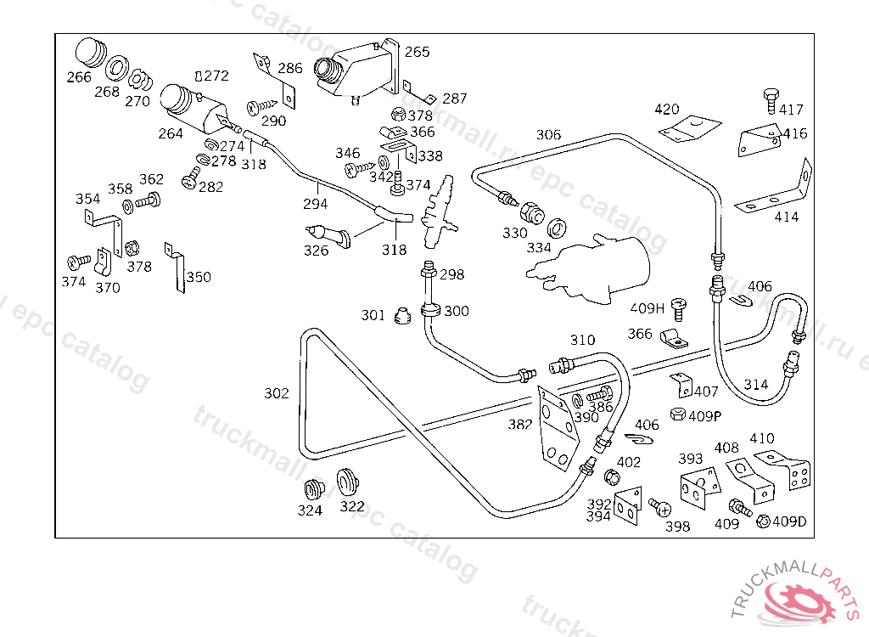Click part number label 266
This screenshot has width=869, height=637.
tap(79, 77)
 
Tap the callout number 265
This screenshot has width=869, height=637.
tap(417, 52)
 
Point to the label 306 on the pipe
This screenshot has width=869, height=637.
tap(548, 134)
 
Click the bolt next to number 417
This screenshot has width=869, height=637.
tap(770, 99)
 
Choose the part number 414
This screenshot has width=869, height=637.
tap(787, 217)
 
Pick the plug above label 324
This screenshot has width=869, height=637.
tap(314, 491)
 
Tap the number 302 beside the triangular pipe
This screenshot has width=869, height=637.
tap(277, 393)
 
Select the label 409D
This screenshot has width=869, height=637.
tap(788, 521)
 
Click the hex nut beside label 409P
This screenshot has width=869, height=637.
tap(677, 414)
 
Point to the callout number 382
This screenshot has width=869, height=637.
tap(520, 424)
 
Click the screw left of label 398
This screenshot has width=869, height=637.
tap(659, 507)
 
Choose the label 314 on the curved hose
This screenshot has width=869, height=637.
tap(756, 385)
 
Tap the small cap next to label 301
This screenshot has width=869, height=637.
tap(403, 317)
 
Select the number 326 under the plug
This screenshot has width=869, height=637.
tap(317, 251)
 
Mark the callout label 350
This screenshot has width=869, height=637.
tap(199, 277)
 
